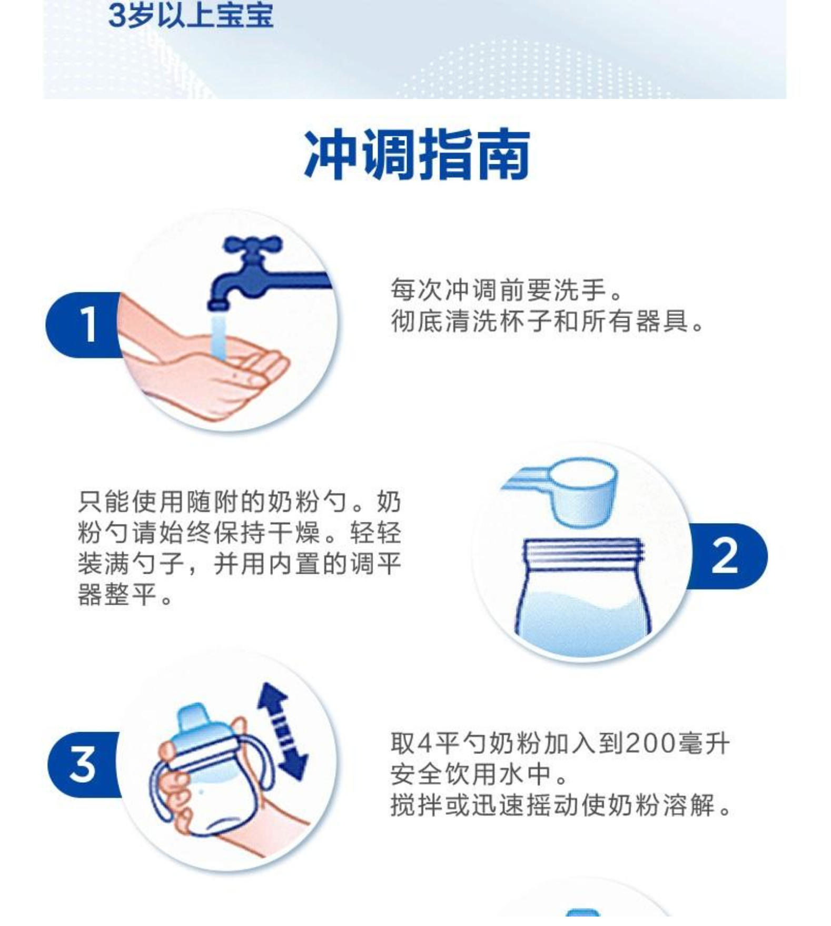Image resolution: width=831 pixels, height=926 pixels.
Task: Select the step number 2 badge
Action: coord(727,556)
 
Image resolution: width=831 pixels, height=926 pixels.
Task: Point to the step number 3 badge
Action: coord(84,764)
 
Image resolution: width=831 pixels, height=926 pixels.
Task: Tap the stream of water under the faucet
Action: coord(218,337)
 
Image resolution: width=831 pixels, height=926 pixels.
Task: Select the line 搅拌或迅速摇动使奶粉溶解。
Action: coord(561,805)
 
